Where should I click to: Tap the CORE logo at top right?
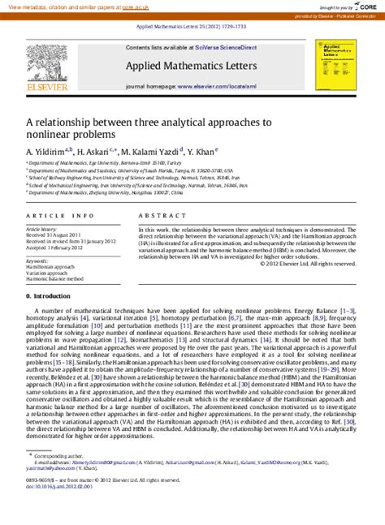point(361,6)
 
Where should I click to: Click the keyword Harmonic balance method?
point(55,278)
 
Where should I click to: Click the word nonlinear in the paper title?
point(55,135)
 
